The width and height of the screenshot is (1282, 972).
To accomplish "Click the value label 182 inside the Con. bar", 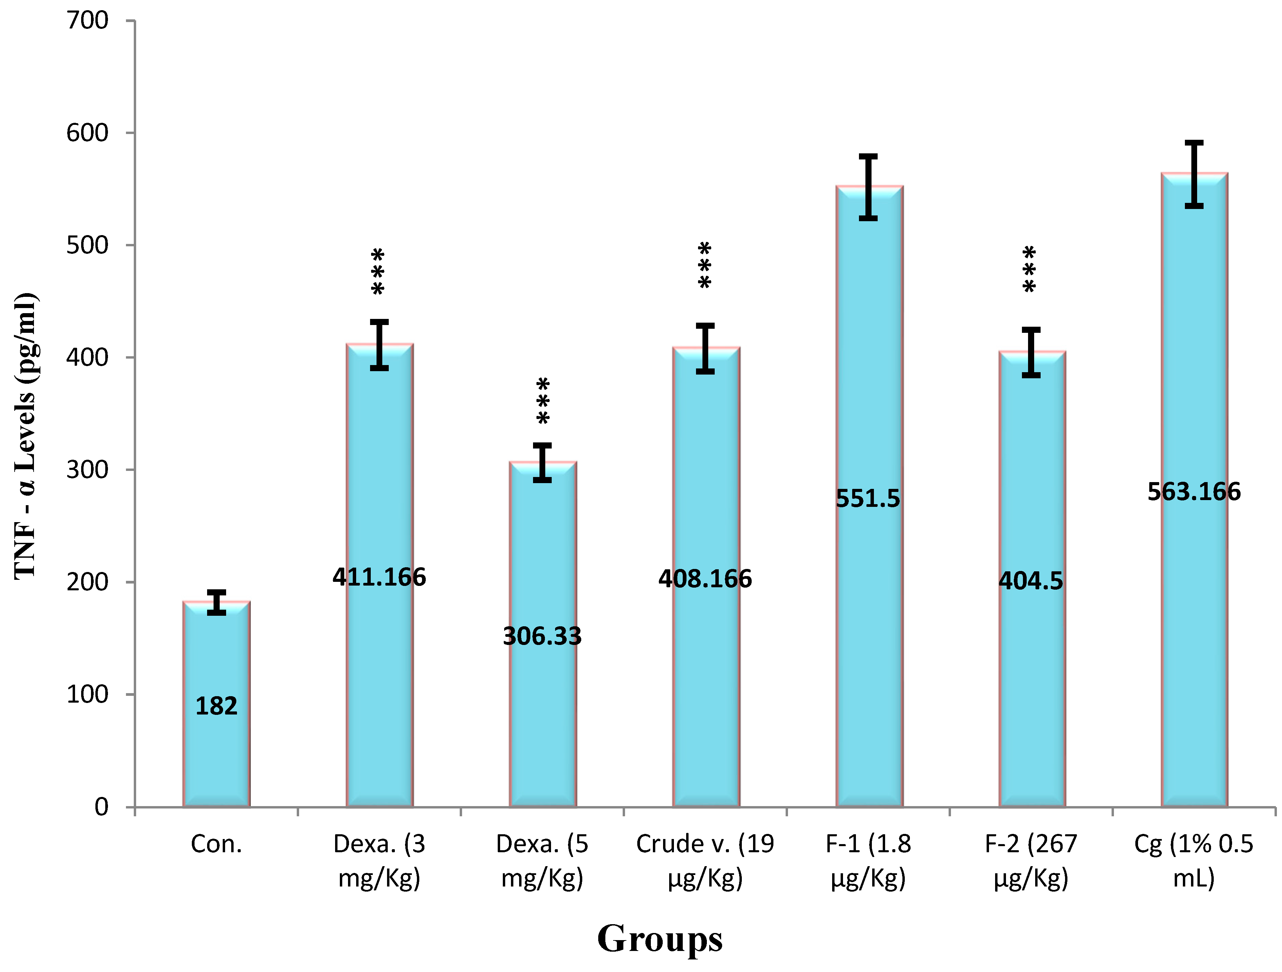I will pos(216,706).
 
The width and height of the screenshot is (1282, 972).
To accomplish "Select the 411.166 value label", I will pos(379,577).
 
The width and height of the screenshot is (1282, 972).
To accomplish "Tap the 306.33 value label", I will pos(542,636).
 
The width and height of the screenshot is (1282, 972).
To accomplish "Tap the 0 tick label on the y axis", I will pos(102,806).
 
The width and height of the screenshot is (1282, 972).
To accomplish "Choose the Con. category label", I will pos(216,844).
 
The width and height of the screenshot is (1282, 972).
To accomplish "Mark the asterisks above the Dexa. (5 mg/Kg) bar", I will pos(543,401).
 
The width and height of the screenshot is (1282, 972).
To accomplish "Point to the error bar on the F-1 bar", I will pos(867,187).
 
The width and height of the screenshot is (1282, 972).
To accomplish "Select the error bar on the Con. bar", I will pos(216,603).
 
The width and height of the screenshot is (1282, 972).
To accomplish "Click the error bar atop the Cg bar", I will pos(1194,174).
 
